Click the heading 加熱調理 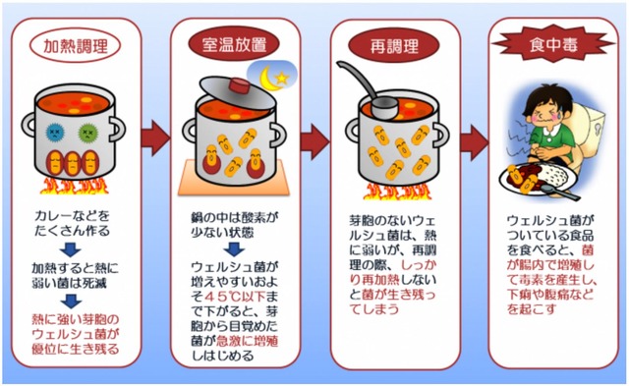(75, 46)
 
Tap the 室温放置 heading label (234, 44)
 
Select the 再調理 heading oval (394, 46)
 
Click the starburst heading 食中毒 (553, 44)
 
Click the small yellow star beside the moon (282, 78)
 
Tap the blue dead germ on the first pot (55, 132)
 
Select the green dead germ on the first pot (87, 132)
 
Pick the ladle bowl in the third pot (384, 107)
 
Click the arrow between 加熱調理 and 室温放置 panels (155, 138)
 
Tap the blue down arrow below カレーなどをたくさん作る (71, 250)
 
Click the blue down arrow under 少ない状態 (234, 249)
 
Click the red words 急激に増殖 (247, 341)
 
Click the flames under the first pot (75, 187)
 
